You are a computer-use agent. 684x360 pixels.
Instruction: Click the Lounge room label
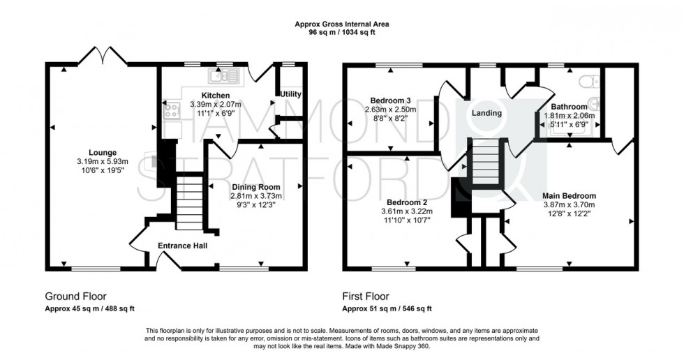103,153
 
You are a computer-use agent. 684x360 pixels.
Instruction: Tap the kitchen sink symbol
223,76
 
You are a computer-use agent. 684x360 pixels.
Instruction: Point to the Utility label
290,94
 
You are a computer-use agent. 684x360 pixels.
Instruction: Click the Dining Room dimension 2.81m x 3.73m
256,196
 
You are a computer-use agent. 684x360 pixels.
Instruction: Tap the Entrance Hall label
182,246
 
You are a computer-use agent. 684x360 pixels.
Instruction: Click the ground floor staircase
190,198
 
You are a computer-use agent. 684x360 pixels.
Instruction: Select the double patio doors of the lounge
103,56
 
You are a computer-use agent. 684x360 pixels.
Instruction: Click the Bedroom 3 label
390,100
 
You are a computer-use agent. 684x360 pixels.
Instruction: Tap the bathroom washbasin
594,104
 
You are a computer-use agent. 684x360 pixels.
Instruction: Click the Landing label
487,113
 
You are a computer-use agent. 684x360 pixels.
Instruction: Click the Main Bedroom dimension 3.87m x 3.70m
569,205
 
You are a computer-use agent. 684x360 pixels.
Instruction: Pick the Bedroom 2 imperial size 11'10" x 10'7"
407,220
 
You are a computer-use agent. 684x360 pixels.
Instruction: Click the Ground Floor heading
76,297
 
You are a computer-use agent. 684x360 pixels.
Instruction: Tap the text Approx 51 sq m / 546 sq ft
387,309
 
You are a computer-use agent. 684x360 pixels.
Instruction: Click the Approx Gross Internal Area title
342,24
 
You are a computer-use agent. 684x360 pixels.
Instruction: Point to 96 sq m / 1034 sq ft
342,32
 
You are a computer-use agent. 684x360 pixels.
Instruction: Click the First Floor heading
366,297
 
